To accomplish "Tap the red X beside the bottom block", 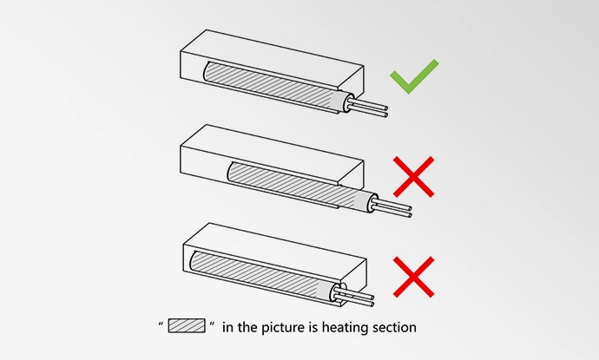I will (x=414, y=275).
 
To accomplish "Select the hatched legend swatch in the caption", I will (x=187, y=326).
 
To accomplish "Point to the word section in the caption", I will (x=393, y=327).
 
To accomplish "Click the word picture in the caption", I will (x=279, y=327).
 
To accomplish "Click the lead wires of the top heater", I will (x=372, y=110).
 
